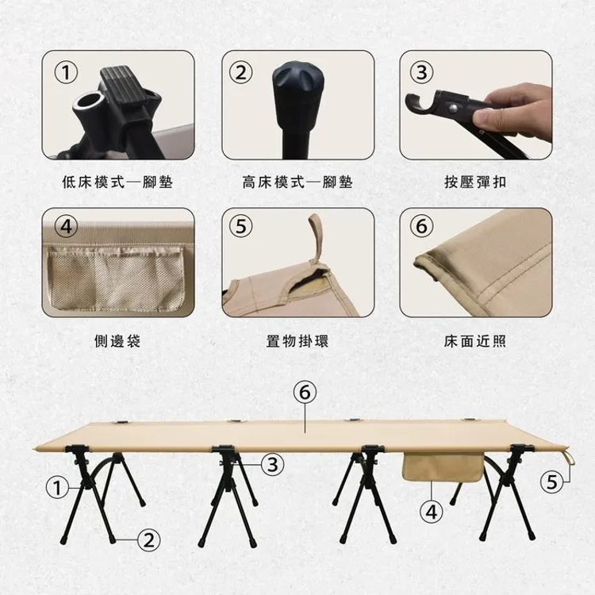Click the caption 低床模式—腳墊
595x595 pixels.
pos(117,182)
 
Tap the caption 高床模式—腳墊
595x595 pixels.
pos(297,182)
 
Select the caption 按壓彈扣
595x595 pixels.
pos(475,182)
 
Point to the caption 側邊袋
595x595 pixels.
pos(117,341)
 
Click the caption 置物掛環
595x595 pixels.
pos(297,341)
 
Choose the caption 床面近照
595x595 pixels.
pos(475,341)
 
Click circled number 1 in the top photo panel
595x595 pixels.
pos(66,72)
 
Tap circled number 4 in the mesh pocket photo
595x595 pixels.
pos(66,227)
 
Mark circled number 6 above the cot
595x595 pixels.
pos(305,393)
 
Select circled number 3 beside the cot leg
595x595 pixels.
pos(273,464)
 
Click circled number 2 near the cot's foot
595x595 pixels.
pos(149,539)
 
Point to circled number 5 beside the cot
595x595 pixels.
pos(551,482)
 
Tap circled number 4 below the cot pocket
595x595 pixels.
pos(432,512)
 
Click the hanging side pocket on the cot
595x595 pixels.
pos(443,466)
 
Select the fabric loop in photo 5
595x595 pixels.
pos(316,239)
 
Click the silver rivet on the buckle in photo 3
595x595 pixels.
pos(454,109)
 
